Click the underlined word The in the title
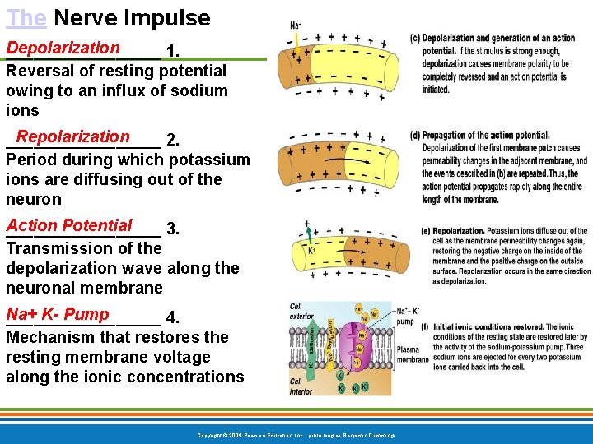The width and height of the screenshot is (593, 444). point(26,17)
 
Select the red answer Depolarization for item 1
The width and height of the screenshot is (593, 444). point(63,49)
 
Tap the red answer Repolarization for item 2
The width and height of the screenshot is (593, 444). point(72,136)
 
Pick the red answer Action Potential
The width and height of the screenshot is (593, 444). point(69,225)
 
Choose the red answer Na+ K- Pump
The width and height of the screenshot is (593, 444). point(58,314)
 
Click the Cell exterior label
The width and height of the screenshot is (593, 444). point(301,310)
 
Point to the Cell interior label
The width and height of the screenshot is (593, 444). point(301,386)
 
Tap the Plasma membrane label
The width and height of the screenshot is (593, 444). point(413,354)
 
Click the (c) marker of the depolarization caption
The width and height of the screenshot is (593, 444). point(415,39)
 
